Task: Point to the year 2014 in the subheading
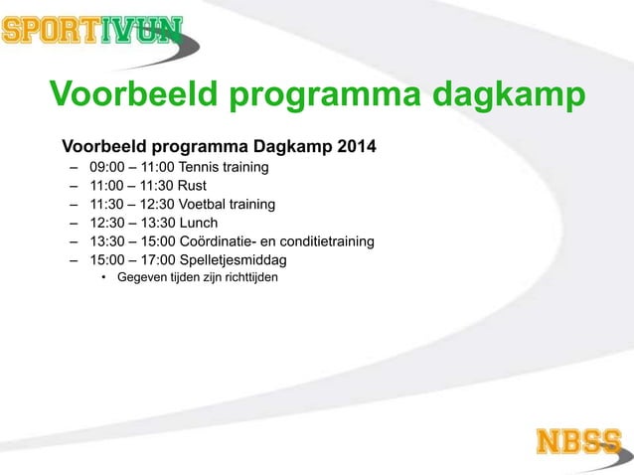pos(355,148)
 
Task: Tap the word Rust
pos(192,186)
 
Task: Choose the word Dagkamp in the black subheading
pos(290,148)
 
